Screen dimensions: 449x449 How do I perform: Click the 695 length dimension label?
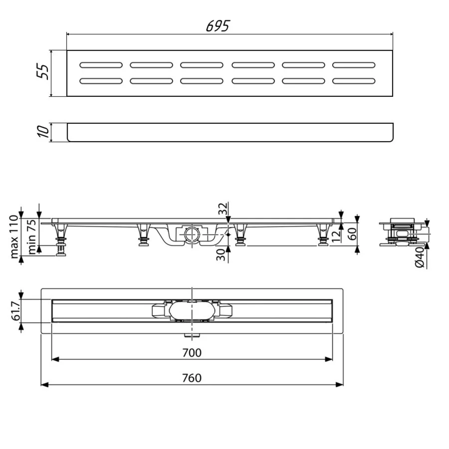[217, 26]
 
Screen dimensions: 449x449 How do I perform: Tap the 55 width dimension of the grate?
[43, 71]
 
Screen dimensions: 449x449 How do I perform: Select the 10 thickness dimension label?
[43, 131]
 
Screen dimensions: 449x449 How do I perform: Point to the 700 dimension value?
[192, 353]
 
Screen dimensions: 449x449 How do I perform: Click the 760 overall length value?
[192, 378]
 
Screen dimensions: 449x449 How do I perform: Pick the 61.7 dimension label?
[16, 311]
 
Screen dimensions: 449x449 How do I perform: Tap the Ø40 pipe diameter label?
[420, 258]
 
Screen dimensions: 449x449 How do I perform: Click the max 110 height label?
[14, 237]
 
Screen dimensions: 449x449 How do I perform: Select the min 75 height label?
[32, 237]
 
